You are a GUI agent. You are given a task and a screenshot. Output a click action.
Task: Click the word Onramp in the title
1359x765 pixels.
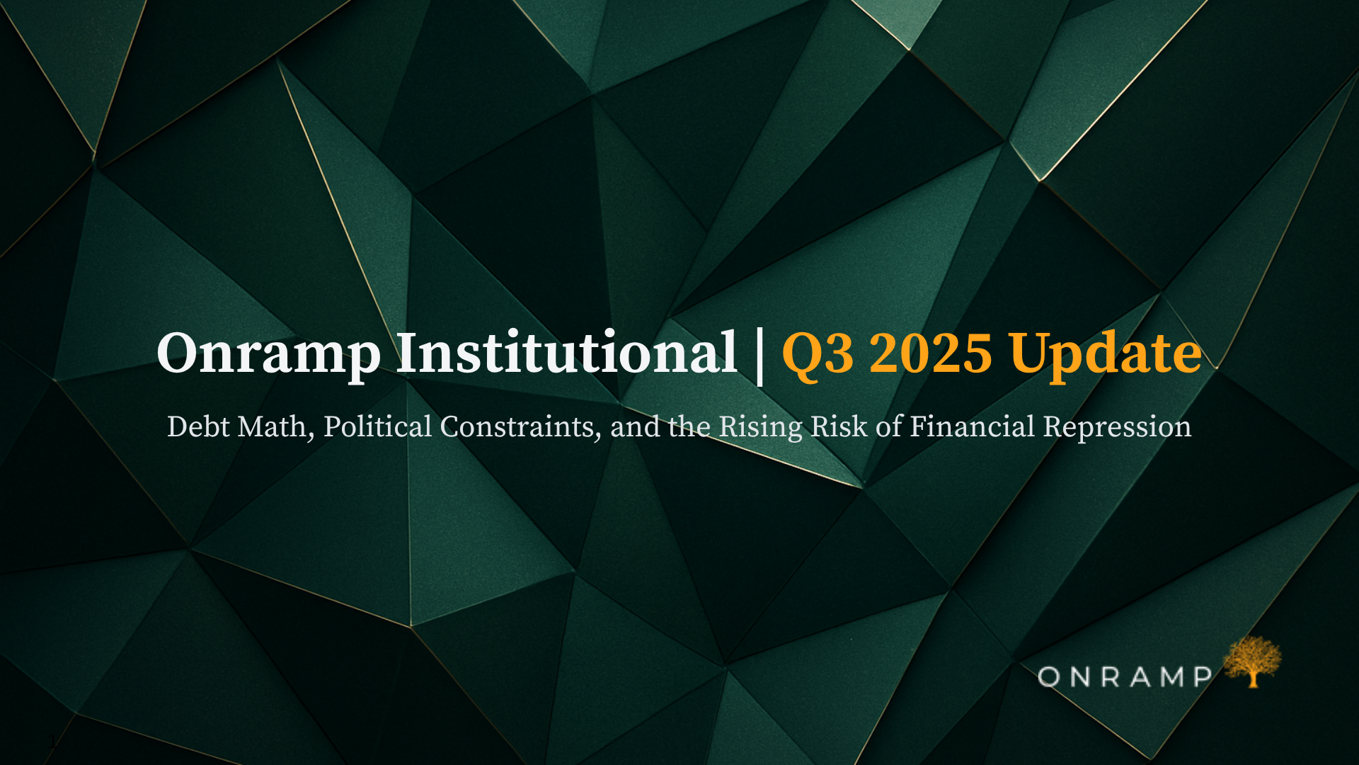click(268, 353)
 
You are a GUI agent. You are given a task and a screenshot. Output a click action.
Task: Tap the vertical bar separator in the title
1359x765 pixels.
click(760, 356)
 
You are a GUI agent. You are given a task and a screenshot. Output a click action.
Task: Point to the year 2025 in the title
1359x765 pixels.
click(930, 353)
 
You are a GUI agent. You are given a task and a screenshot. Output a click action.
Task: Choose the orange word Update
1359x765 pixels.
click(1106, 353)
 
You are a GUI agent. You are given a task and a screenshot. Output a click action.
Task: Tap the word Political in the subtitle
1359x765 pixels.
click(377, 427)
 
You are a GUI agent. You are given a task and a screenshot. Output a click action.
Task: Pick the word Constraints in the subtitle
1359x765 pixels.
click(520, 427)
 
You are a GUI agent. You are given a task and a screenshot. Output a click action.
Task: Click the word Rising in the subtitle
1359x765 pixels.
click(760, 427)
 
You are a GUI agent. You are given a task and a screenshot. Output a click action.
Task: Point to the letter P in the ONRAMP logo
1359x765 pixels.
click(1203, 677)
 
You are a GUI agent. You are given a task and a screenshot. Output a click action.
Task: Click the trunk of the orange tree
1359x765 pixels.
click(1254, 679)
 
